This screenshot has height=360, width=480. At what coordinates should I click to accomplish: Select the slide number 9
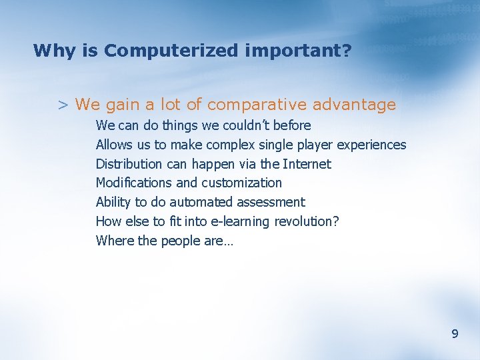click(455, 334)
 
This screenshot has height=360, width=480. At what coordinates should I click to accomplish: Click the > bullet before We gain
click(63, 105)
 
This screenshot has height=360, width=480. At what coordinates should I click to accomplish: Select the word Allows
click(114, 145)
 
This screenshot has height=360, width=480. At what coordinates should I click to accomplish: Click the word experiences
click(372, 145)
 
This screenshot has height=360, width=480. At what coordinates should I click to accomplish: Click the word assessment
click(272, 202)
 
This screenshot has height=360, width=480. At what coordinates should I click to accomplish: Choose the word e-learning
click(239, 221)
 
